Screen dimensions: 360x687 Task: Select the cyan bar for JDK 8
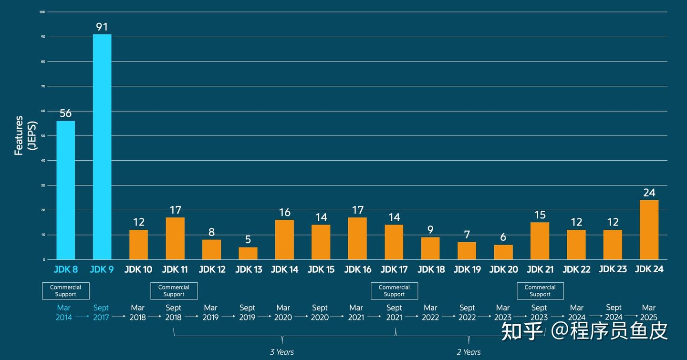[65, 190]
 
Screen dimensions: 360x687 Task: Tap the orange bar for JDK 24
[649, 229]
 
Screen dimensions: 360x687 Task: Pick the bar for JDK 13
[248, 253]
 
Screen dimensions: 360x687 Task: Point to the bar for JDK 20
[503, 252]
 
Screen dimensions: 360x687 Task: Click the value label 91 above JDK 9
[102, 27]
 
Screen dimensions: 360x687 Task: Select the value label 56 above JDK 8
[65, 113]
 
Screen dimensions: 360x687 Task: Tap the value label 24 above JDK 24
[649, 193]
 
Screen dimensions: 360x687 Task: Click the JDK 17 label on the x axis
[394, 269]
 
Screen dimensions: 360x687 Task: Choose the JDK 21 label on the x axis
[540, 269]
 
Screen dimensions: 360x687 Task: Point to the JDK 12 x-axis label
[212, 269]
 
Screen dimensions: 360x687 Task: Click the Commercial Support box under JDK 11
[174, 291]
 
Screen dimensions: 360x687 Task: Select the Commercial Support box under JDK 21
[540, 291]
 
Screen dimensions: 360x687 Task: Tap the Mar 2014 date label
[64, 312]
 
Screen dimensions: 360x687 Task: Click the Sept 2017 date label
[101, 312]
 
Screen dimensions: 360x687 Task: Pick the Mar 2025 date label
[648, 312]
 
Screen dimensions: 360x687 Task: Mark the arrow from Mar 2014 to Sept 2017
[82, 316]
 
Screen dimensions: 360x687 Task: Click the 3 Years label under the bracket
[282, 352]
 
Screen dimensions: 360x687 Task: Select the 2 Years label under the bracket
[468, 352]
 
